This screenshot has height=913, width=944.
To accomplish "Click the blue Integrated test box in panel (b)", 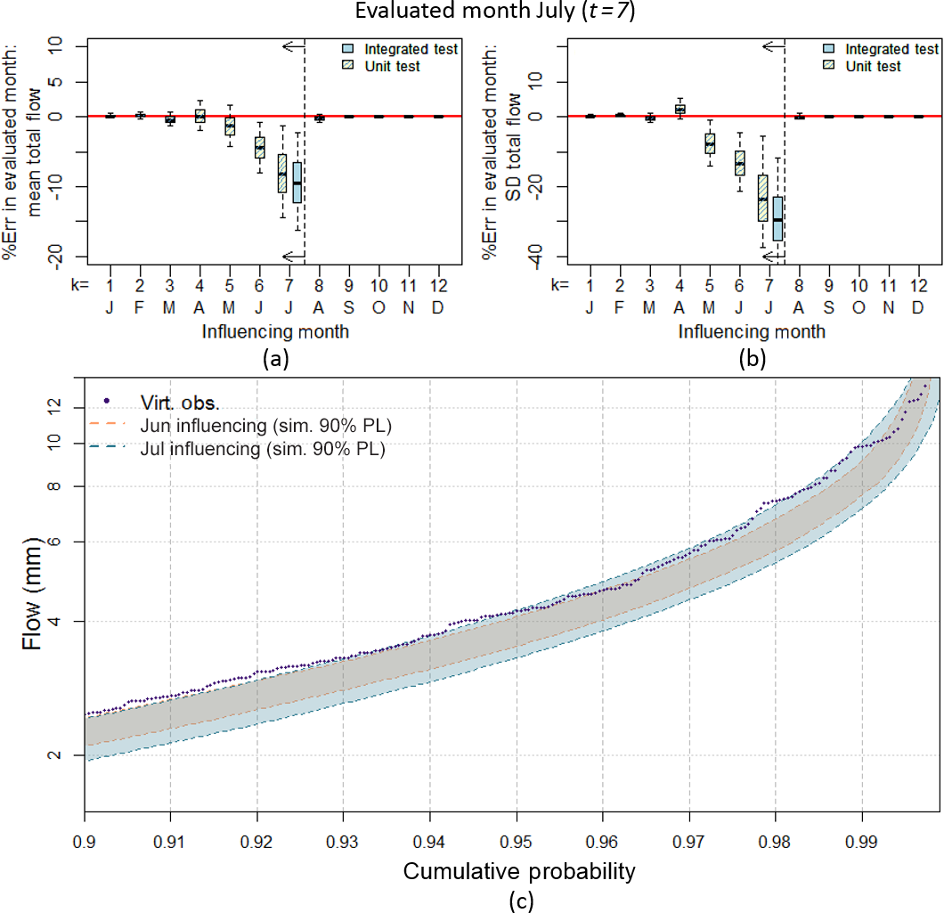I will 777,217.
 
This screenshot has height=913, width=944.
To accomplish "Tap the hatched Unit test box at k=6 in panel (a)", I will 259,147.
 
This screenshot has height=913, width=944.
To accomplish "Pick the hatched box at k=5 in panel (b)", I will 710,142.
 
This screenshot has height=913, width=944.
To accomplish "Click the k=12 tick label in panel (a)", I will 438,285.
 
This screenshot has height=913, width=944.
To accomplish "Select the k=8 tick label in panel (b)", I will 799,285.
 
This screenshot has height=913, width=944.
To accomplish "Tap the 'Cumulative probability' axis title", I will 519,870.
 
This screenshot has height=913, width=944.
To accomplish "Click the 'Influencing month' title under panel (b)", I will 752,332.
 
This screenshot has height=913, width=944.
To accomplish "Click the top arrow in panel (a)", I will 293,45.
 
